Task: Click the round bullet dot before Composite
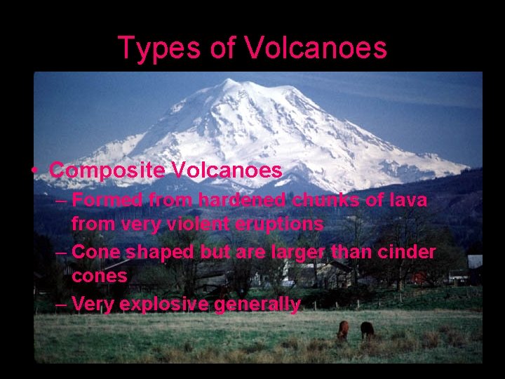pyautogui.click(x=33, y=171)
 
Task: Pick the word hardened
pyautogui.click(x=240, y=200)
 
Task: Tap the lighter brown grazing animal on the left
pyautogui.click(x=343, y=330)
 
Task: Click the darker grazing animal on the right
pyautogui.click(x=367, y=329)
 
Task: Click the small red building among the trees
pyautogui.click(x=420, y=278)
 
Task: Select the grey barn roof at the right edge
pyautogui.click(x=475, y=262)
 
